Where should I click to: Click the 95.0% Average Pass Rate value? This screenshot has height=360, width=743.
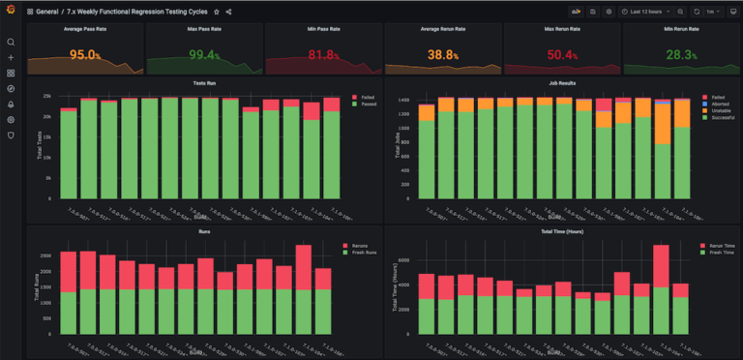click(x=85, y=55)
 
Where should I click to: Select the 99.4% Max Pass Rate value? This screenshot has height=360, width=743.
click(x=204, y=55)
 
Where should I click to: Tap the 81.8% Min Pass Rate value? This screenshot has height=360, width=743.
click(x=322, y=55)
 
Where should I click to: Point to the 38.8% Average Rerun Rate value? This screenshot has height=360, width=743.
click(x=442, y=55)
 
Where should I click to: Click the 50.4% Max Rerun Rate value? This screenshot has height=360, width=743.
click(x=561, y=55)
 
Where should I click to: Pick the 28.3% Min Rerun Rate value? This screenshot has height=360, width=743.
click(x=680, y=55)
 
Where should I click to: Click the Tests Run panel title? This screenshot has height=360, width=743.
click(x=204, y=84)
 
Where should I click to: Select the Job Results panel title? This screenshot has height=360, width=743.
click(x=561, y=84)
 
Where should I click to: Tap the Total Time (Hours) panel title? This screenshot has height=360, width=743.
click(x=561, y=233)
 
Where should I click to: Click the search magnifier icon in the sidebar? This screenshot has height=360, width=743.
click(x=11, y=43)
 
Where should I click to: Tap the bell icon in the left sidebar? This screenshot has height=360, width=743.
click(x=11, y=105)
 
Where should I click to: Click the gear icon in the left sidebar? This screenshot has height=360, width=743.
click(x=11, y=120)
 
